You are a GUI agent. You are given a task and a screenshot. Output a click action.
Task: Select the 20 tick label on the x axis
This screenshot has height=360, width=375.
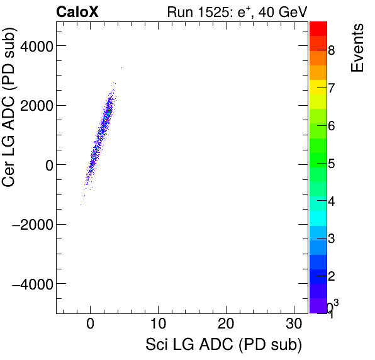point(227,325)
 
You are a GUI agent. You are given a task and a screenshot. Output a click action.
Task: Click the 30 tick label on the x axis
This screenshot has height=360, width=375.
point(294,325)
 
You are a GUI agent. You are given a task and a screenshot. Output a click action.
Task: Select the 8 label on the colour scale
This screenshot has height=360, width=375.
point(331,50)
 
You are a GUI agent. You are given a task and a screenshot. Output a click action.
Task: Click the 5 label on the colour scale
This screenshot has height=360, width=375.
point(331,164)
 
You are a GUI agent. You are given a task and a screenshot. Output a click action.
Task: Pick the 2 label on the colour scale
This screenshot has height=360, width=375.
point(331,277)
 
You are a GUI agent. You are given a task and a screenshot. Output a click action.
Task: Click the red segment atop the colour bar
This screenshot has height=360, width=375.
point(318,28)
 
